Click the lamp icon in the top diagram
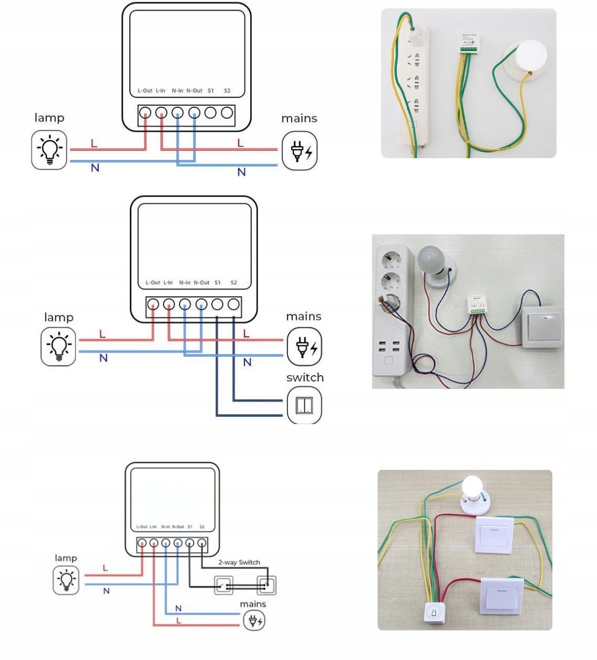pos(49,150)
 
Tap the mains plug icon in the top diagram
pos(300,151)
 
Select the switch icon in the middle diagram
pos(304,405)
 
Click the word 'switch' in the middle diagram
pos(305,377)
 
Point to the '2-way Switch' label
pos(239,562)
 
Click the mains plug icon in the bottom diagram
pos(254,621)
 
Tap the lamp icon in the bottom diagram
pos(66,580)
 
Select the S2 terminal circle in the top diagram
pos(227,112)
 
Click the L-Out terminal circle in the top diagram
pos(145,112)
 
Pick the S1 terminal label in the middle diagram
pos(218,283)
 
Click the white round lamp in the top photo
pos(530,55)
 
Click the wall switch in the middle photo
pos(543,327)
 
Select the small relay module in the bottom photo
pos(435,612)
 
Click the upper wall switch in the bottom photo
pos(495,534)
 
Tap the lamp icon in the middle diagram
pos(58,347)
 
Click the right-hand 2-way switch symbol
pos(266,585)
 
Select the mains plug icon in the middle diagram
pos(304,347)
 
